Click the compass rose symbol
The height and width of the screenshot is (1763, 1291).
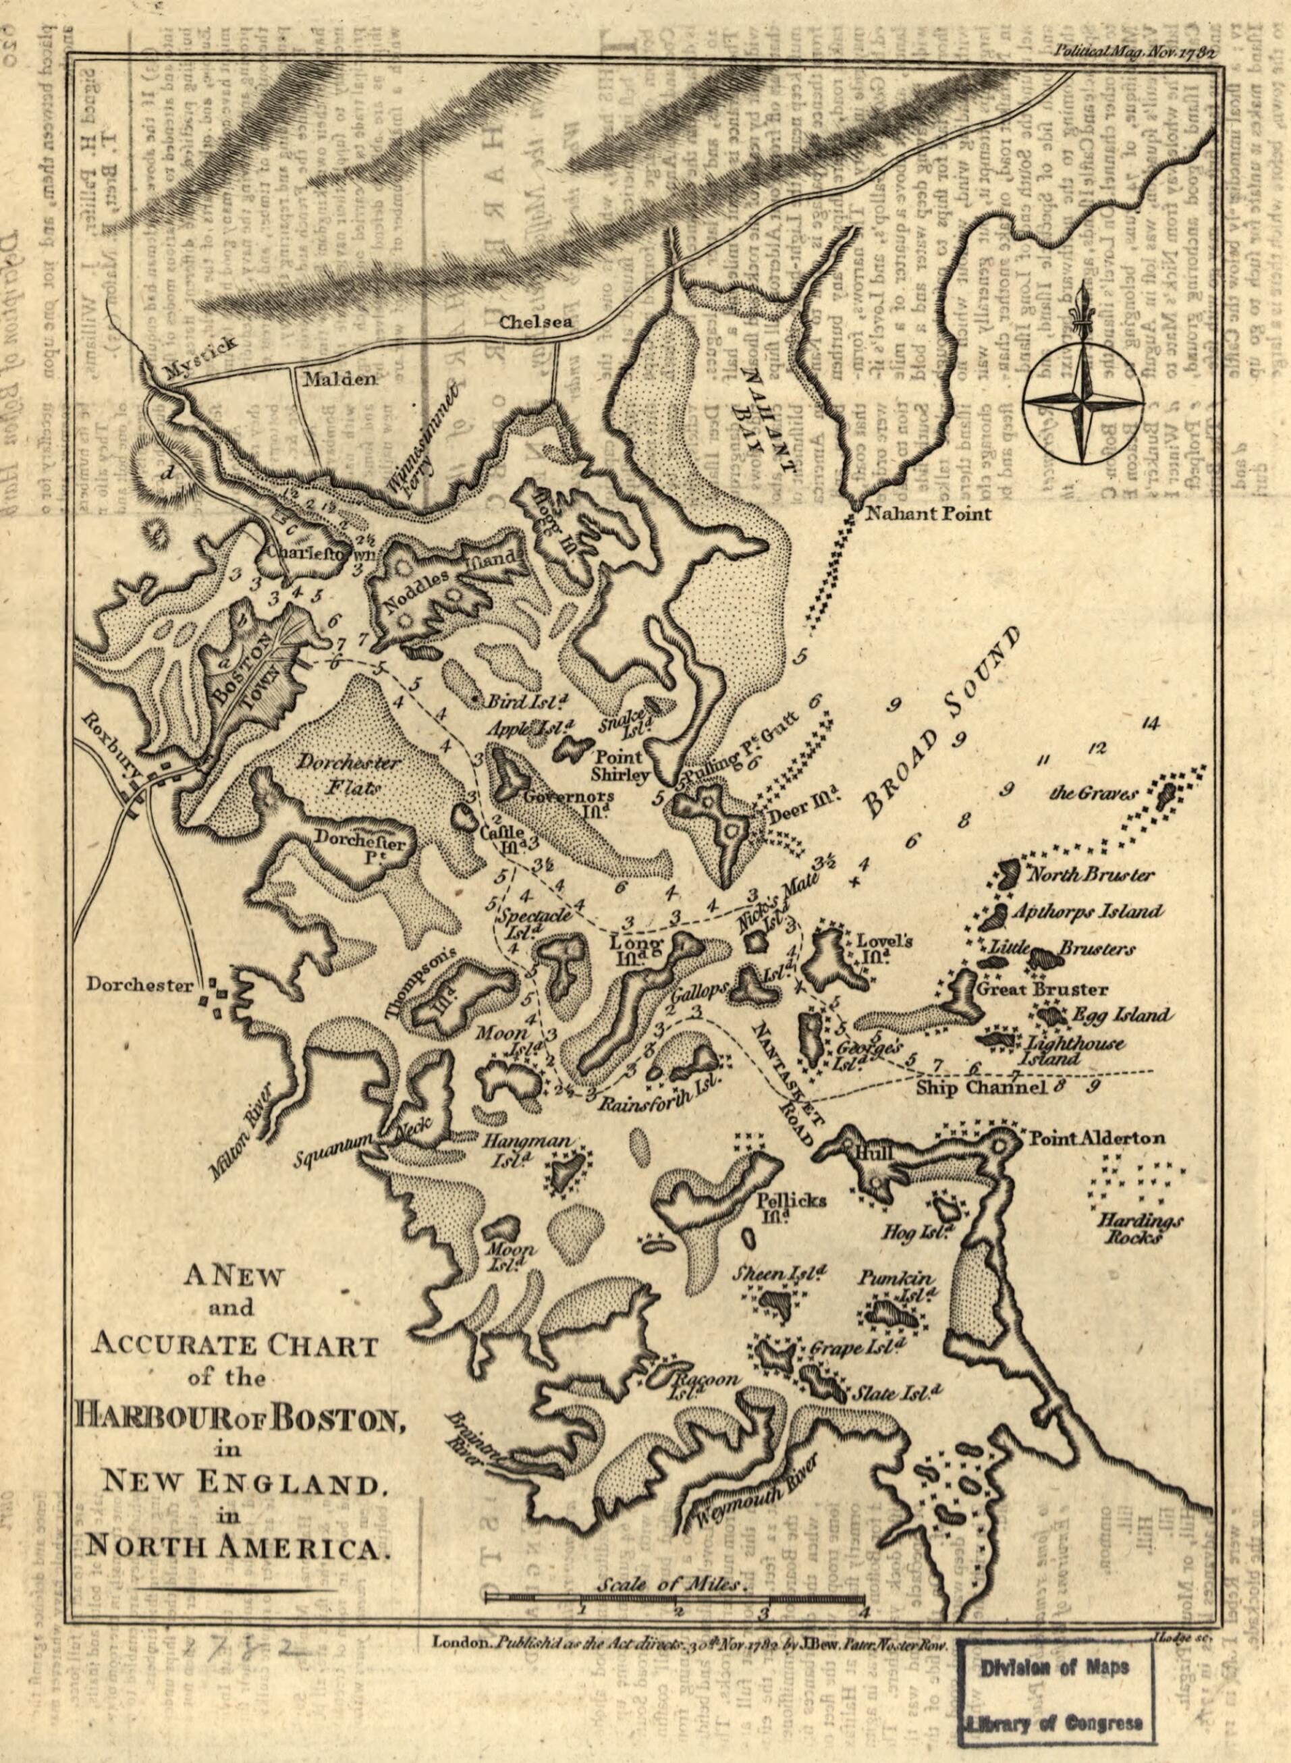pyautogui.click(x=1081, y=401)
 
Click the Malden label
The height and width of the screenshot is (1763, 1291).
pyautogui.click(x=340, y=380)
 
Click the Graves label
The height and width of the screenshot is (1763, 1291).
pyautogui.click(x=1093, y=794)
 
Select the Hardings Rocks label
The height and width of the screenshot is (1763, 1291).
pyautogui.click(x=1141, y=1228)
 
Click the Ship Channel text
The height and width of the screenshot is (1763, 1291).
pyautogui.click(x=981, y=1088)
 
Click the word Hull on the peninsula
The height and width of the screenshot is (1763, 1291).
pyautogui.click(x=869, y=1154)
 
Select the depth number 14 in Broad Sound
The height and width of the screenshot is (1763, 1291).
pyautogui.click(x=1149, y=724)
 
